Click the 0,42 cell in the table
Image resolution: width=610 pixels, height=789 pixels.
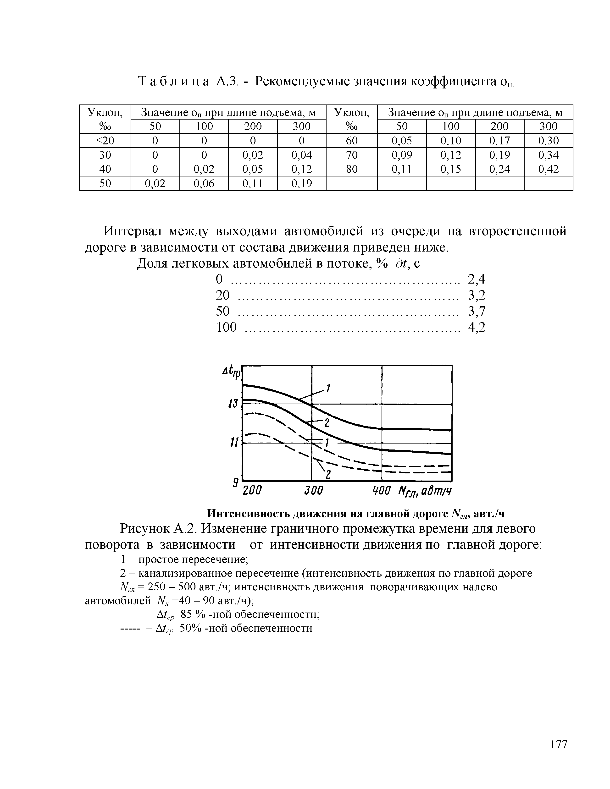[x=548, y=169]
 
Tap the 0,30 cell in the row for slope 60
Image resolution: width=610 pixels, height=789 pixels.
[x=548, y=141]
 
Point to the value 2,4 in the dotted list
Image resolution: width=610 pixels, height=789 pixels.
[x=476, y=279]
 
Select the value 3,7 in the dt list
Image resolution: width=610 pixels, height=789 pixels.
[x=476, y=311]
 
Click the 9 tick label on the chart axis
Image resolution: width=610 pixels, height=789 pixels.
[x=235, y=483]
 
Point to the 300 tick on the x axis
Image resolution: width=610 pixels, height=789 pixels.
[x=313, y=491]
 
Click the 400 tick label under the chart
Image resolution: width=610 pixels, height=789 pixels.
[x=382, y=491]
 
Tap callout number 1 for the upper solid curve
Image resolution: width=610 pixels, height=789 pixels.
[x=328, y=389]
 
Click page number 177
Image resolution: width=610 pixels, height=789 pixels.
[x=559, y=745]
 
